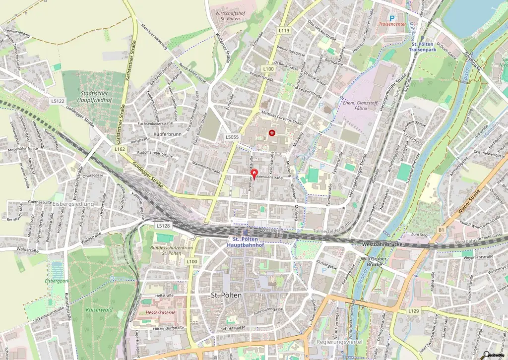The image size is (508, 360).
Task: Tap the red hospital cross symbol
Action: pyautogui.click(x=272, y=133)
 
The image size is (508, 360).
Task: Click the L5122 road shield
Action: pyautogui.click(x=58, y=101)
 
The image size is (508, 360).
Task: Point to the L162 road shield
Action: pyautogui.click(x=119, y=149)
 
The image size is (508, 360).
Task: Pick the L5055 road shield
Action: pyautogui.click(x=232, y=137)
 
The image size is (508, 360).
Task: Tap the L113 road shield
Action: pyautogui.click(x=284, y=30)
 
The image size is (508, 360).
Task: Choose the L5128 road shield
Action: pyautogui.click(x=163, y=226)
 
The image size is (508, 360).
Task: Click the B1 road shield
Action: pyautogui.click(x=441, y=230)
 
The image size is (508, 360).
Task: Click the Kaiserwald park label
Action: pyautogui.click(x=99, y=296)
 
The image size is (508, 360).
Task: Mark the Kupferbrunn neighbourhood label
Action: pyautogui.click(x=169, y=134)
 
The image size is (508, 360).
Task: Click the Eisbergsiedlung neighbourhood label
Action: pyautogui.click(x=73, y=204)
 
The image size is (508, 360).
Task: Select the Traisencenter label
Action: pyautogui.click(x=393, y=23)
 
